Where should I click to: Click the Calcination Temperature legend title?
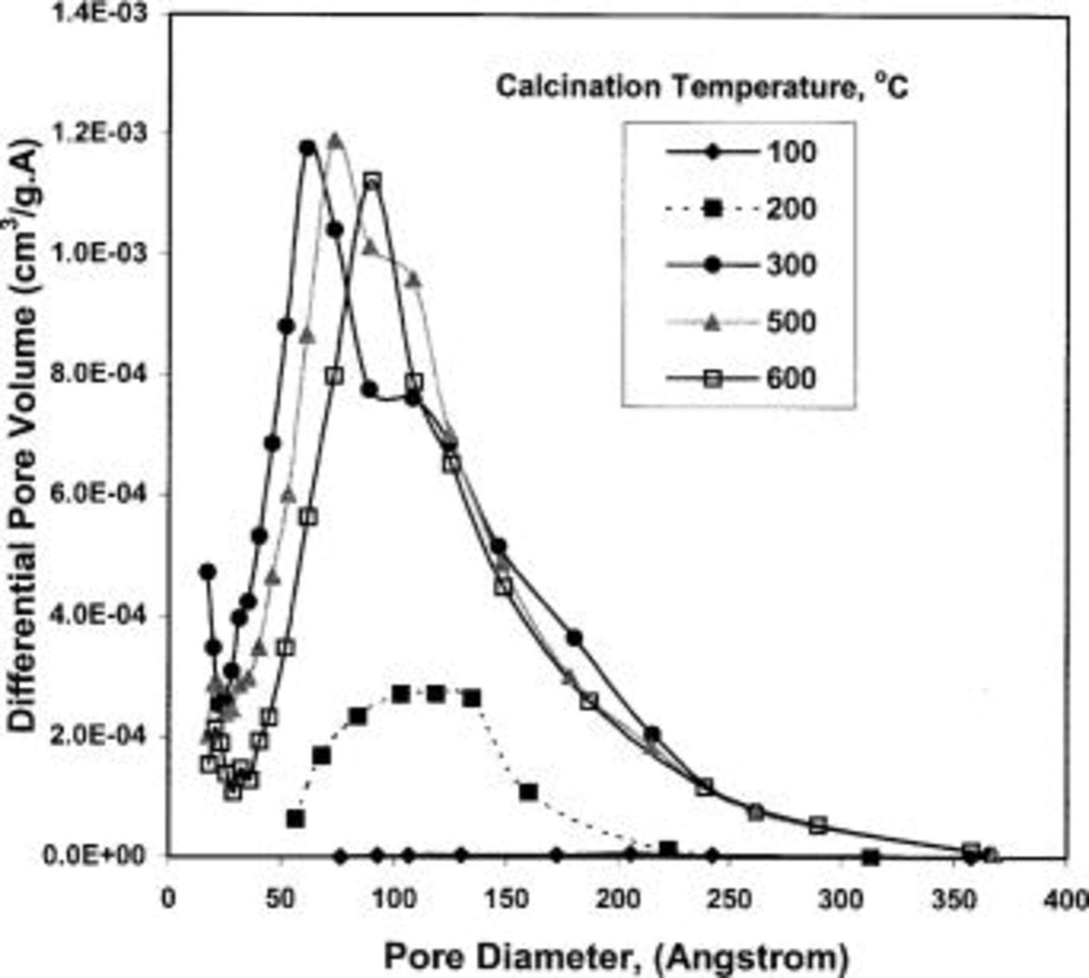(x=702, y=88)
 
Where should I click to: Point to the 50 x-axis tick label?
(x=280, y=899)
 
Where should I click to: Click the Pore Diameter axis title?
(x=616, y=957)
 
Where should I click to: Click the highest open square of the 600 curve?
(x=373, y=180)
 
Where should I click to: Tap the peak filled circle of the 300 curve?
(x=309, y=148)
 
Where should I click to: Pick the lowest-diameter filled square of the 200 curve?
(x=295, y=819)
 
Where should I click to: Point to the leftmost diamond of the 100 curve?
(x=341, y=856)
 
